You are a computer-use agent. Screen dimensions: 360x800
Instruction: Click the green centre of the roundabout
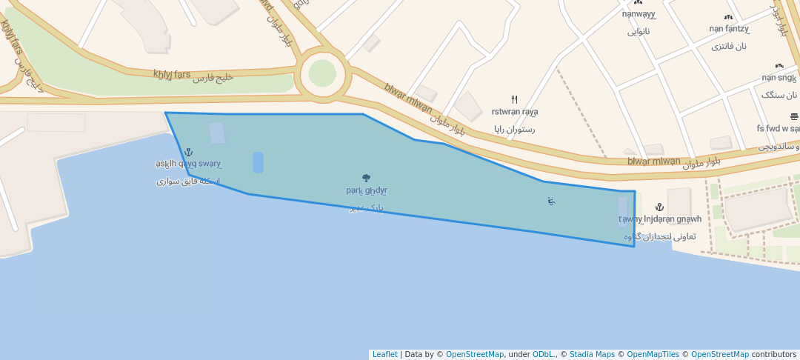pyautogui.click(x=322, y=73)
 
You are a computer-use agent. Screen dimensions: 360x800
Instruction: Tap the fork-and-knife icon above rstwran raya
pyautogui.click(x=515, y=99)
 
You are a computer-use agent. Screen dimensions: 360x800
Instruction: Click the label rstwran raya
pyautogui.click(x=515, y=112)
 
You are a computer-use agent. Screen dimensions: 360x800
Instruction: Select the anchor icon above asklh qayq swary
pyautogui.click(x=188, y=152)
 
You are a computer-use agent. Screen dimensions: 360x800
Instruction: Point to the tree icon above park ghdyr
pyautogui.click(x=366, y=178)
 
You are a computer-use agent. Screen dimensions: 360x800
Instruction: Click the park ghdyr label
pyautogui.click(x=366, y=190)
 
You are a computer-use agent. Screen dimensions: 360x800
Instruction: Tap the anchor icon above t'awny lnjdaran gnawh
pyautogui.click(x=660, y=207)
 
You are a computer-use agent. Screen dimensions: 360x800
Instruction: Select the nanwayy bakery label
pyautogui.click(x=639, y=13)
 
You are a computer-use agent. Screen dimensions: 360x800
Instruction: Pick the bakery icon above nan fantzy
pyautogui.click(x=728, y=17)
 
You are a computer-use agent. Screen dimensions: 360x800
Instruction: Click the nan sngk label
pyautogui.click(x=779, y=78)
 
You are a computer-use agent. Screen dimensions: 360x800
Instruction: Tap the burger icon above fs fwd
pyautogui.click(x=794, y=116)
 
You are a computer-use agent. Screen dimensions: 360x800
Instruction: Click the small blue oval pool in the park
pyautogui.click(x=258, y=162)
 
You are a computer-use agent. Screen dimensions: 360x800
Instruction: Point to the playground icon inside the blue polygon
pyautogui.click(x=551, y=201)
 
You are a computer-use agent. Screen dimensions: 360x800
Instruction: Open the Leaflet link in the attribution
pyautogui.click(x=384, y=354)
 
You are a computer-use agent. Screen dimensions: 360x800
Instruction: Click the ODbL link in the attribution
pyautogui.click(x=544, y=354)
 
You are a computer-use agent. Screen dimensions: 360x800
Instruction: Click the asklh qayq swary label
pyautogui.click(x=188, y=164)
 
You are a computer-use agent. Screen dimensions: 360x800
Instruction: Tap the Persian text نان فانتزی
pyautogui.click(x=729, y=46)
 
